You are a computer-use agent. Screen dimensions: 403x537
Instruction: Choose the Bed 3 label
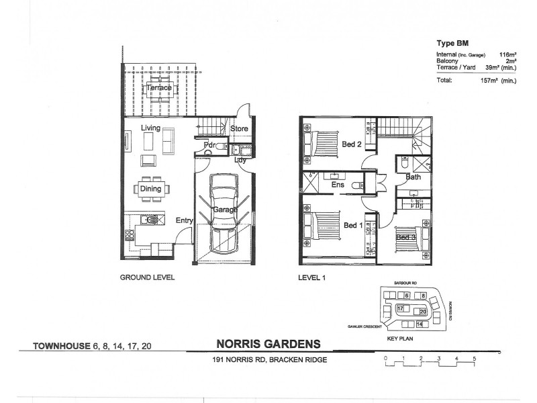405,237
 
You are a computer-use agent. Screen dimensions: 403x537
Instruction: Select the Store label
240,128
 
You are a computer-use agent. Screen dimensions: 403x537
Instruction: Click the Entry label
185,220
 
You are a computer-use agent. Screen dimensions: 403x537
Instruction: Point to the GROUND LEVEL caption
148,277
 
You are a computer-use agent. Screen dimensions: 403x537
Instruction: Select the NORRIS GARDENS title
268,344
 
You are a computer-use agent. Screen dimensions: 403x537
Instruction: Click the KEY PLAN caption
400,340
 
